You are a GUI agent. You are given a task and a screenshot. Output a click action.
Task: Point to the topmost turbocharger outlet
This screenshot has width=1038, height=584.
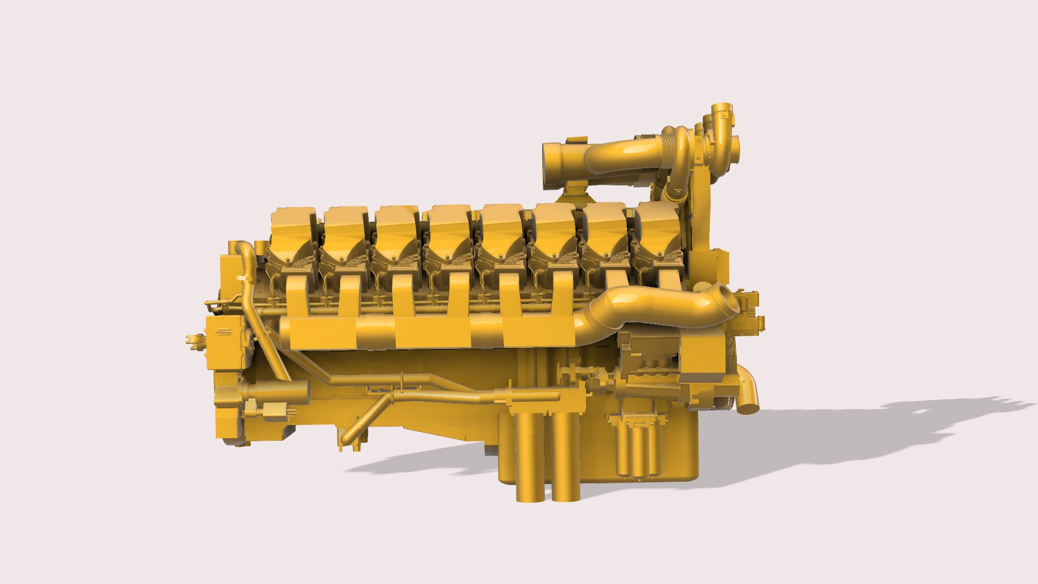pos(721,110)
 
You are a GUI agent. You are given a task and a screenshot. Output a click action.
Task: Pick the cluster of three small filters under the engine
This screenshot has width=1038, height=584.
pos(638,449)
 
